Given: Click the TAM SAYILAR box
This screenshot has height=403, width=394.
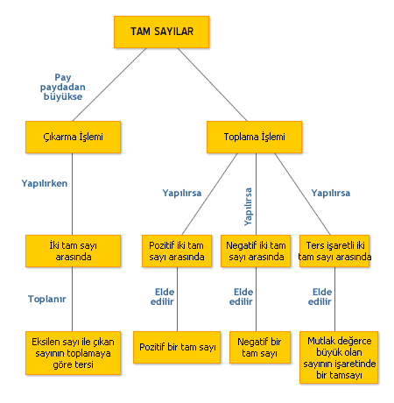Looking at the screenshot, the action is point(161,32).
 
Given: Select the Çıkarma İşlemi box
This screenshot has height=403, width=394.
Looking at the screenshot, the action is point(73,137).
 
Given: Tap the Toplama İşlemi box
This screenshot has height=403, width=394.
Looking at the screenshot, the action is point(254,137).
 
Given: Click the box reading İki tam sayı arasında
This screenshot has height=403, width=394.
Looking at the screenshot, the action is point(73,251).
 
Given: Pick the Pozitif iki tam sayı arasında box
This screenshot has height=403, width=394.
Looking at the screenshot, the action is point(177,251).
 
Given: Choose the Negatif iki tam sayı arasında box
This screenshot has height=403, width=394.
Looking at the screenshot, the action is point(256,251).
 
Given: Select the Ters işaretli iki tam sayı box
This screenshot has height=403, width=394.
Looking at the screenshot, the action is point(334,251).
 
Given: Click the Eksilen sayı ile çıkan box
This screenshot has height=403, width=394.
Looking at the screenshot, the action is point(73,353).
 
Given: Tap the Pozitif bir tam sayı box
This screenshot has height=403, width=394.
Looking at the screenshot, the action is point(177,347).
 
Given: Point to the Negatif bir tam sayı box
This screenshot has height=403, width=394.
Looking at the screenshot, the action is point(260,347).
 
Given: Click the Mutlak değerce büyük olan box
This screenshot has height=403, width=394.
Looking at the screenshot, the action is point(339,357).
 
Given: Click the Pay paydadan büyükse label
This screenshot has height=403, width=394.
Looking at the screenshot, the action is point(63,87).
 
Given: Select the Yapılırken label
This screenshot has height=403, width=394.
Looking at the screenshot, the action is point(45,183).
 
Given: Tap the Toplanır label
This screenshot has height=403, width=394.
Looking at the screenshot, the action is point(47,299).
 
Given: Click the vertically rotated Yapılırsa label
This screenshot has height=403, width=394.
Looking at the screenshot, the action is point(248,207).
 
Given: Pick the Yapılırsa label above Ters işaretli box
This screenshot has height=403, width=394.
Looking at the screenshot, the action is point(331,193).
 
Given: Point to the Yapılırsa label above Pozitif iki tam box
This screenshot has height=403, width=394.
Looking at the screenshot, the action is point(182,193).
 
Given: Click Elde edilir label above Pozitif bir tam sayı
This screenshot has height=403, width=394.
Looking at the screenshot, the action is point(162,297).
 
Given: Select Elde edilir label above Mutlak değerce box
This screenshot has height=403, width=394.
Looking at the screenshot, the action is point(320,297).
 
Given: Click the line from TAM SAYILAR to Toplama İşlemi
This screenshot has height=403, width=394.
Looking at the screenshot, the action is point(212,84).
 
